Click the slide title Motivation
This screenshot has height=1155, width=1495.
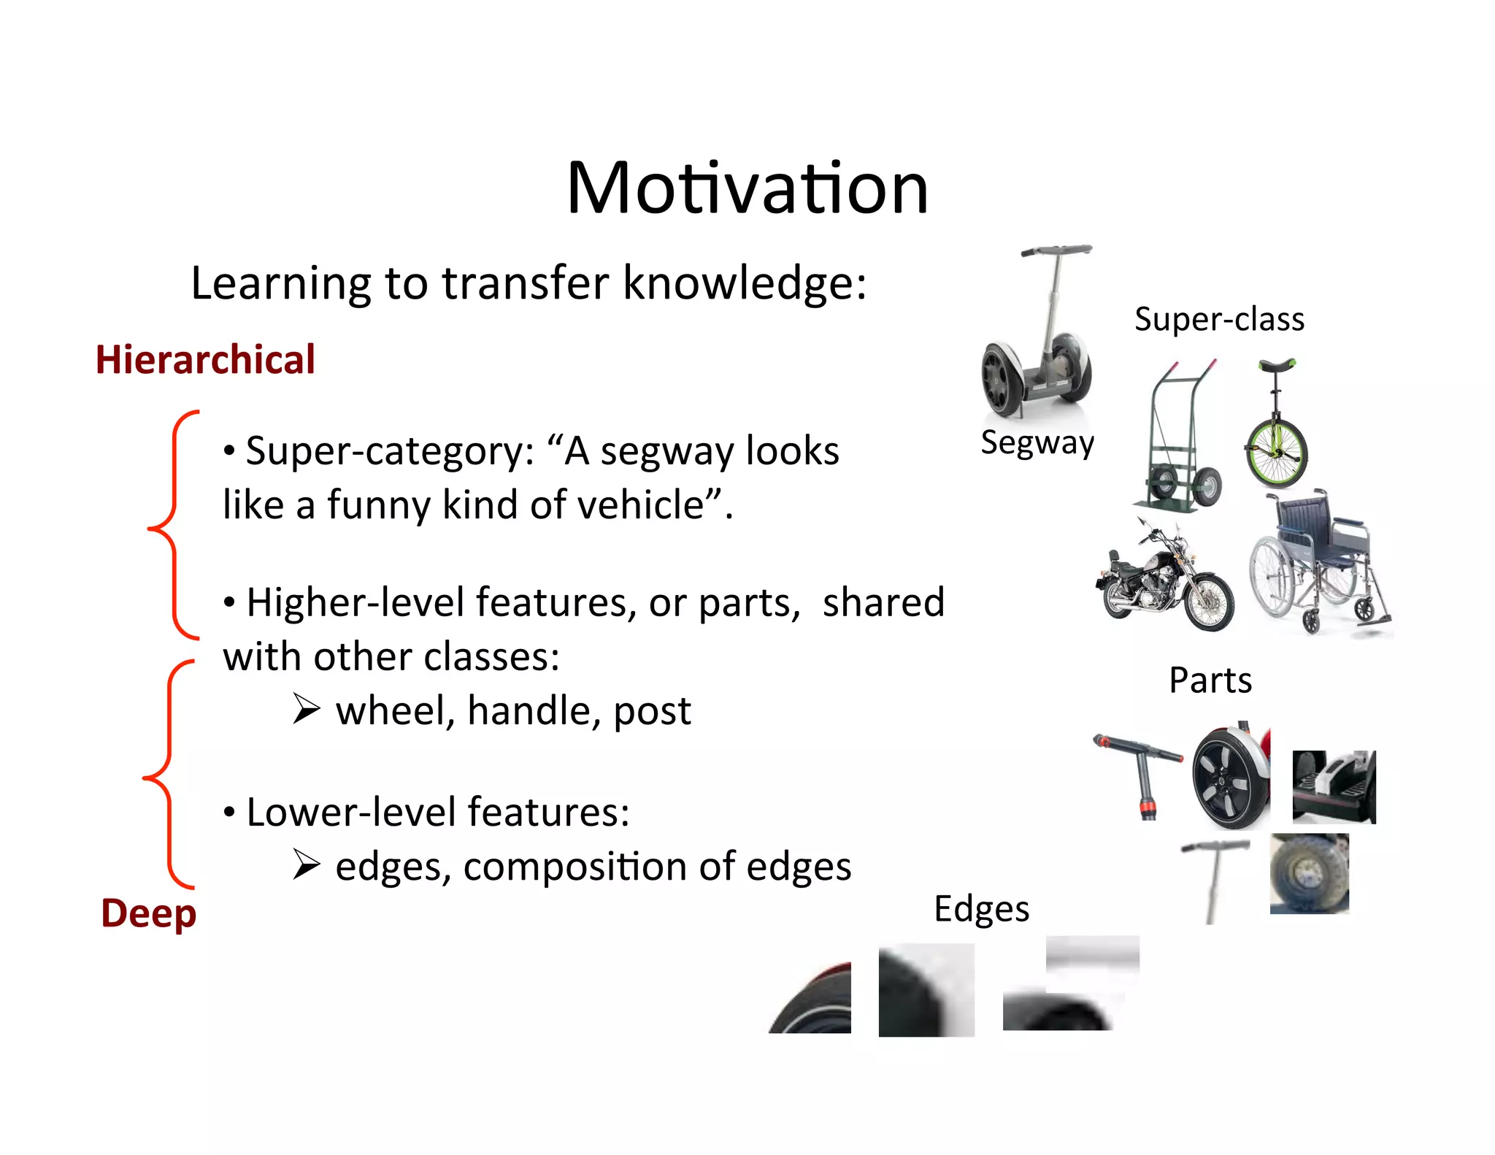coord(747,188)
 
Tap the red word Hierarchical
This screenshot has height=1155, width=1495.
coord(205,360)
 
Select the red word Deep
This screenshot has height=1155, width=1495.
coord(149,913)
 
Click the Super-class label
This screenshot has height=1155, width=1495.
coord(1219,319)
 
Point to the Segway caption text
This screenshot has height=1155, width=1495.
coord(1037,442)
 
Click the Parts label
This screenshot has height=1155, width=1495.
coord(1210,680)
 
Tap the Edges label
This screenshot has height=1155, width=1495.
coord(981,909)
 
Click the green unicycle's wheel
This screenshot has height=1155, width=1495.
coord(1276,454)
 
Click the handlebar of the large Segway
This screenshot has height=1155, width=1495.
coord(1056,250)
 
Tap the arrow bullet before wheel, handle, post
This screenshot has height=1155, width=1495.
coord(307,709)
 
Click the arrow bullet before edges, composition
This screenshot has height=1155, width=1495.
coord(307,865)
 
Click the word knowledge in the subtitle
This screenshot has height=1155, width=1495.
coord(744,283)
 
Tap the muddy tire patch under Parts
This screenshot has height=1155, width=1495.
coord(1310,873)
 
